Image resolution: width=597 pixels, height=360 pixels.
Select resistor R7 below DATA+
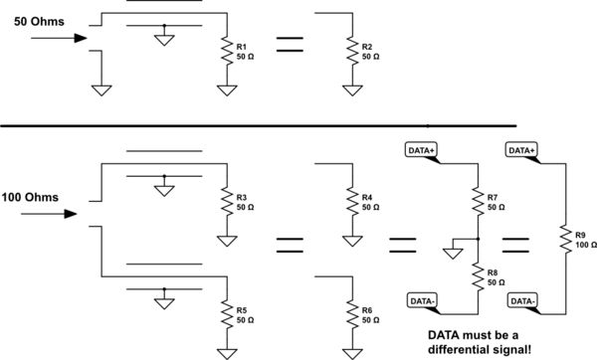(x=479, y=203)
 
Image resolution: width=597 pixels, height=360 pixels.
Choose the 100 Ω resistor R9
(x=564, y=239)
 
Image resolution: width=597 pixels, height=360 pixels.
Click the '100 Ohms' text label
(x=36, y=197)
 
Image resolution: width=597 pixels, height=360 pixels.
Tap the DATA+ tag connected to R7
(x=426, y=149)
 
